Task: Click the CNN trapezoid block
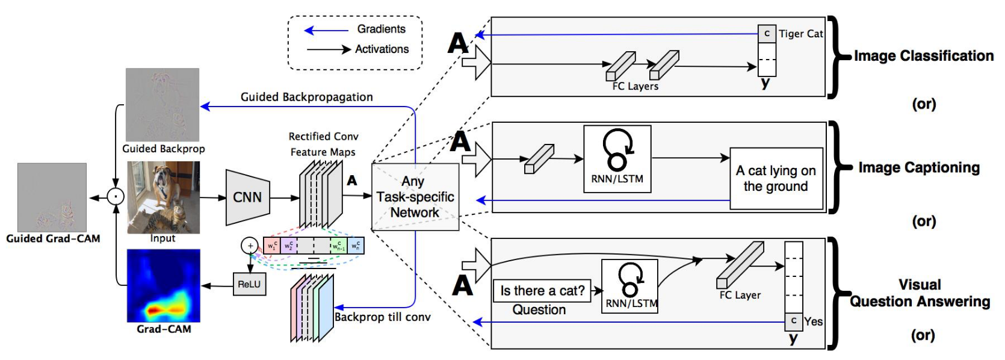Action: (247, 197)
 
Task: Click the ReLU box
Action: (249, 284)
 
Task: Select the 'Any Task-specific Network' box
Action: (415, 197)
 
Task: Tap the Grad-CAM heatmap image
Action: (163, 286)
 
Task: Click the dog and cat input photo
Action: (163, 197)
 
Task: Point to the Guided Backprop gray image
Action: (162, 105)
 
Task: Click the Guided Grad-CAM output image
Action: (52, 197)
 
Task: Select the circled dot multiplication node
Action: (115, 197)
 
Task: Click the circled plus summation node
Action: (250, 246)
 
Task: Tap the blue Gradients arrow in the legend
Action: (327, 29)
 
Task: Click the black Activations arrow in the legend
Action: (329, 49)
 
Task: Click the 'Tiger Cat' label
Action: (800, 34)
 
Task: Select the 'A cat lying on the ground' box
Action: (776, 179)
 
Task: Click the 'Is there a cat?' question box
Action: (542, 291)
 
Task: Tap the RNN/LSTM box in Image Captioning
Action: (617, 159)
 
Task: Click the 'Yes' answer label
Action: (814, 321)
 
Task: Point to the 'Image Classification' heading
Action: (924, 56)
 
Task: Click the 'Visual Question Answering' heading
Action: (920, 293)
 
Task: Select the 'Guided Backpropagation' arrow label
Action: (306, 97)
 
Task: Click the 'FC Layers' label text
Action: (635, 87)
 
